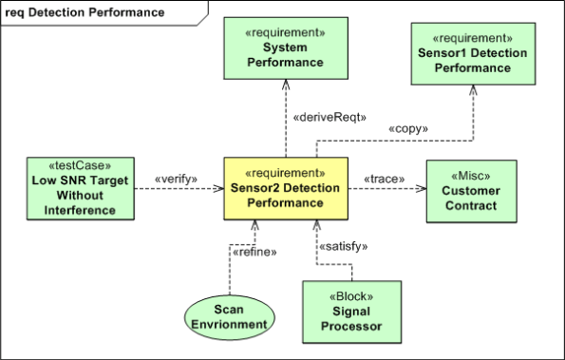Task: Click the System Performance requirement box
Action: point(286,48)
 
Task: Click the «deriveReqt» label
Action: point(323,119)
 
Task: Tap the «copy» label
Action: point(408,127)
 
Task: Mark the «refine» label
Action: point(255,252)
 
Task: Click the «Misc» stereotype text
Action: point(472,173)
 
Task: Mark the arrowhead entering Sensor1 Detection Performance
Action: point(472,89)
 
